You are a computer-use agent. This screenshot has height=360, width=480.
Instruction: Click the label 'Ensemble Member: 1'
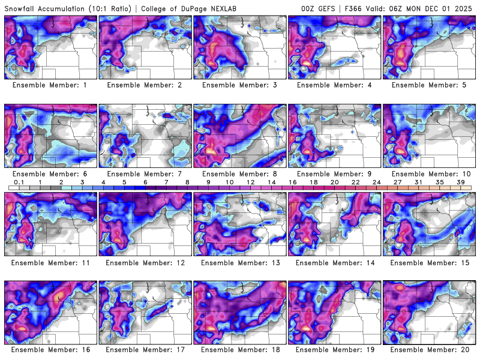click(x=50, y=85)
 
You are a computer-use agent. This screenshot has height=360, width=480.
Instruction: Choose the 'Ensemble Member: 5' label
click(x=430, y=85)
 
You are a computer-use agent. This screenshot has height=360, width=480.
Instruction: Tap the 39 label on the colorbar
click(x=461, y=182)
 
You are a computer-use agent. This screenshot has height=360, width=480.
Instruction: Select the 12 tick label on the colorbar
click(x=250, y=182)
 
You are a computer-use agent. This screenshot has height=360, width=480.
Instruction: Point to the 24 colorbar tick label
click(x=376, y=182)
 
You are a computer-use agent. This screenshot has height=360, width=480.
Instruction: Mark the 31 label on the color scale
click(x=419, y=182)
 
